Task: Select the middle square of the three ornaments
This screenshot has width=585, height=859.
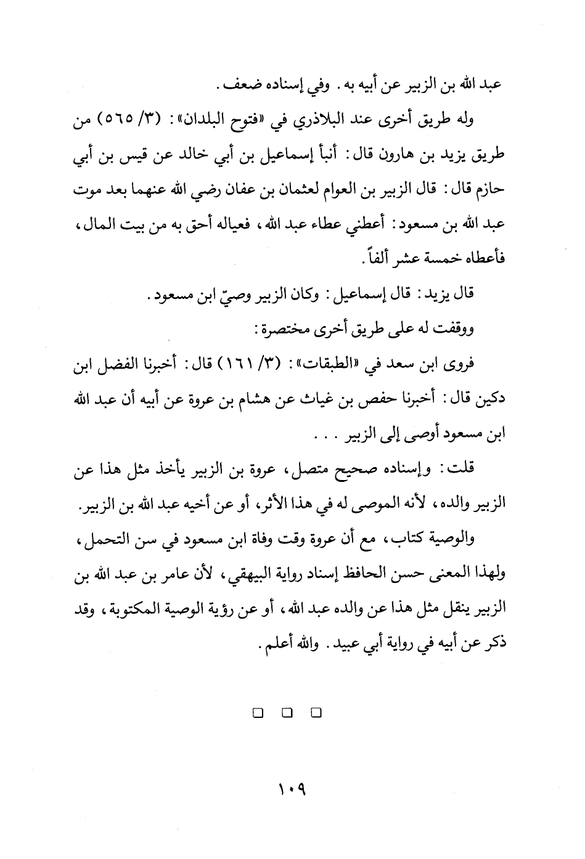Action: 287,714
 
